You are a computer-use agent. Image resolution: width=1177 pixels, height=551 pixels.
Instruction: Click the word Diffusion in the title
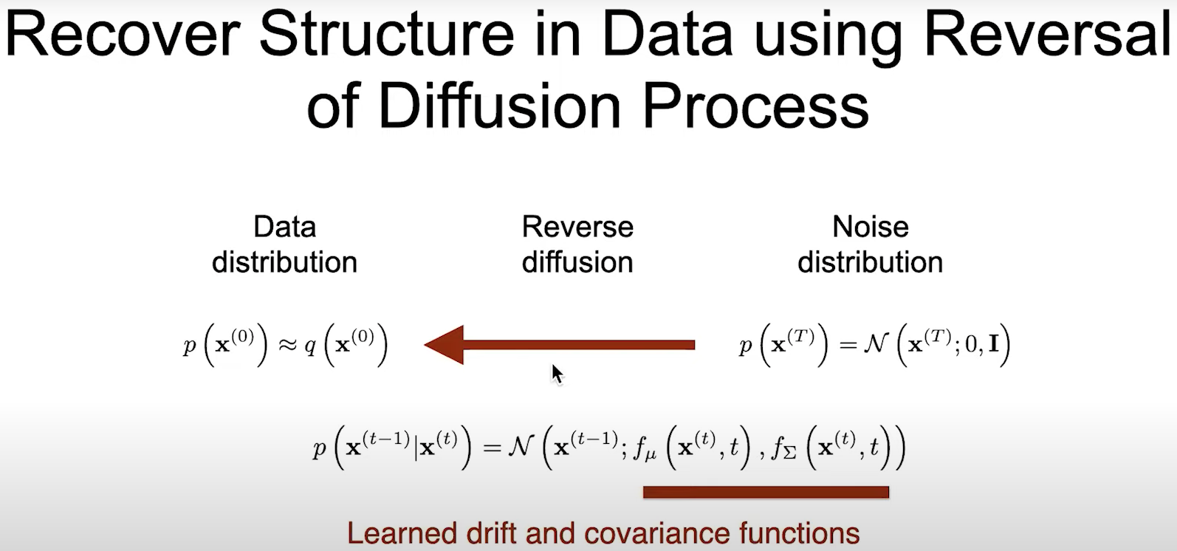pos(502,107)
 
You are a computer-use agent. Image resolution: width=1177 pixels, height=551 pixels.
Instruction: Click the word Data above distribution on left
pos(284,227)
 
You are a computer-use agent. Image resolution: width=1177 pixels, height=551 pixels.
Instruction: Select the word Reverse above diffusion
pos(577,227)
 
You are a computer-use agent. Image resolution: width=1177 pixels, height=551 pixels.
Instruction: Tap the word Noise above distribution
pos(871,227)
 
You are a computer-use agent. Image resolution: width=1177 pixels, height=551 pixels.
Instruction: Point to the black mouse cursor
pos(557,374)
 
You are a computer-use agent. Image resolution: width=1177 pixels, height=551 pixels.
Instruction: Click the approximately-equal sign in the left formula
pos(287,345)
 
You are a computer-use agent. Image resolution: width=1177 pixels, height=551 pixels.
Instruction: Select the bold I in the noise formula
pos(993,345)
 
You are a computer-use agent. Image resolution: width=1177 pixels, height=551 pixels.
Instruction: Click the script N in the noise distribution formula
pos(876,344)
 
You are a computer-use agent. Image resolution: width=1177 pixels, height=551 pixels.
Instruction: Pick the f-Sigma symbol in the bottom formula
pos(783,448)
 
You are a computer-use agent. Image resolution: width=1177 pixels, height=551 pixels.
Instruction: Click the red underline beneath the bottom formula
pos(766,492)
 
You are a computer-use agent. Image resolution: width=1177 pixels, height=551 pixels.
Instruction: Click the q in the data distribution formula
pos(310,347)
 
